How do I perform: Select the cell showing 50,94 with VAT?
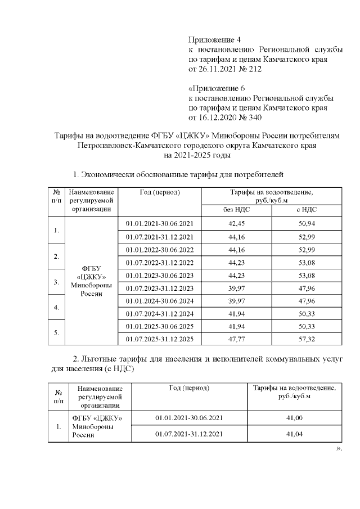(306, 224)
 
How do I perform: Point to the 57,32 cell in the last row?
(306, 339)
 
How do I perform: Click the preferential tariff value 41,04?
(294, 434)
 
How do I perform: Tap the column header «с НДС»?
(306, 209)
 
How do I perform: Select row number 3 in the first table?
(56, 281)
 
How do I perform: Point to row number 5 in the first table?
(56, 332)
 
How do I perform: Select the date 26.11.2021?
(220, 69)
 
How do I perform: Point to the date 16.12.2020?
(220, 117)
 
